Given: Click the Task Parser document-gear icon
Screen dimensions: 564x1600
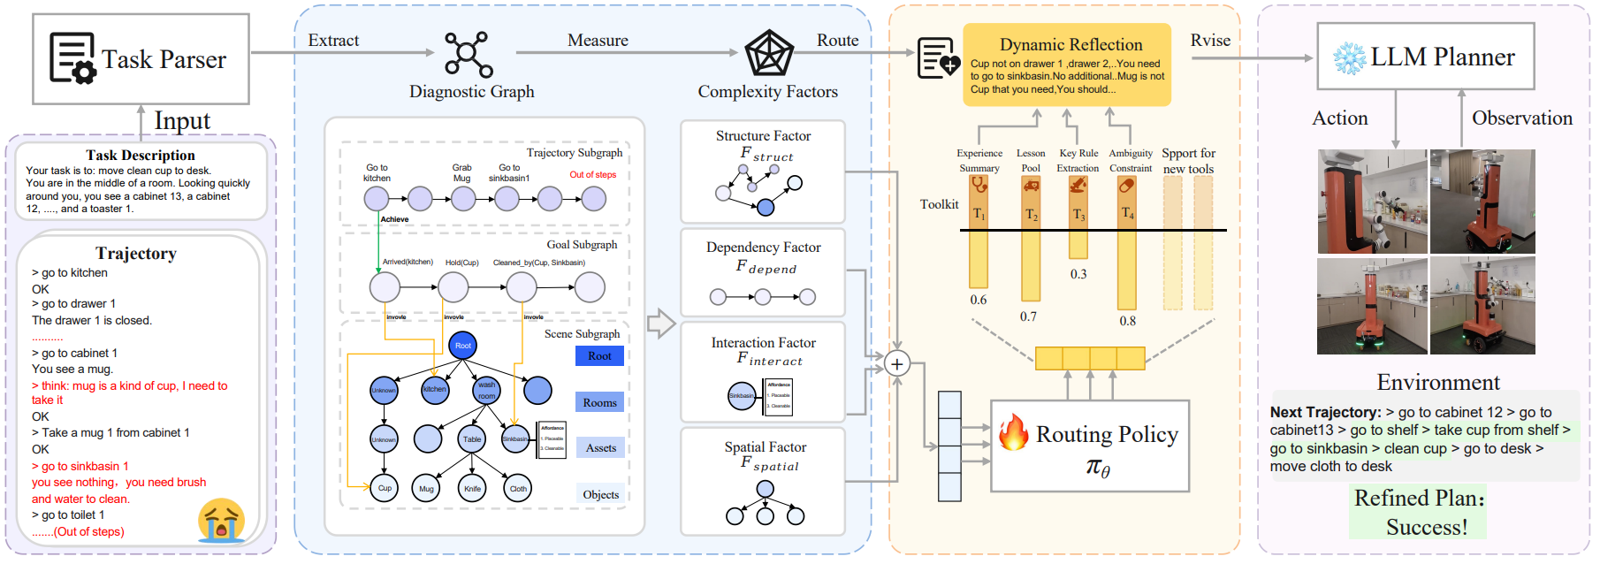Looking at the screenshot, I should [x=72, y=58].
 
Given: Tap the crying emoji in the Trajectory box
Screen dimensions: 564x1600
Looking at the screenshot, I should [x=221, y=520].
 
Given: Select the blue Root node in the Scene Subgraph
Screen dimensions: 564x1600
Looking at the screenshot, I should [x=463, y=346].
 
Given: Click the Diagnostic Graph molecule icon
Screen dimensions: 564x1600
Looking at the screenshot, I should [x=469, y=55].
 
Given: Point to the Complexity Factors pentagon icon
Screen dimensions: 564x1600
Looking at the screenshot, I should [x=768, y=54].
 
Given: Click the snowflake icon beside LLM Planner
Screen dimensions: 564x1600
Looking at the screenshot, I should [x=1350, y=58].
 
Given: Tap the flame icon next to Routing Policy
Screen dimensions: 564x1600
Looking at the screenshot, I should [x=1013, y=432].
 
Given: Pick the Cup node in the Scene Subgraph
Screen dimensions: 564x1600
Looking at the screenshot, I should [x=385, y=488].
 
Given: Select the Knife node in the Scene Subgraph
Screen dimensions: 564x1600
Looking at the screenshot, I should [x=473, y=488].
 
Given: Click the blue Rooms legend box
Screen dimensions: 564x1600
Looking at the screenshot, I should [x=599, y=402].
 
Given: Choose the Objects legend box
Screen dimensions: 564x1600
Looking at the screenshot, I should [x=600, y=494].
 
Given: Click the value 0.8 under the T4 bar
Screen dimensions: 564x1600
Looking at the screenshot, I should [x=1127, y=321].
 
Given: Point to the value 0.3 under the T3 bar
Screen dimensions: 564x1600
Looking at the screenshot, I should [x=1078, y=274].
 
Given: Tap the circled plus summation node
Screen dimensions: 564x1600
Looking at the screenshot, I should [x=897, y=364].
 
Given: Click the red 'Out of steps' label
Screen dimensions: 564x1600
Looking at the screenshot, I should [x=592, y=175].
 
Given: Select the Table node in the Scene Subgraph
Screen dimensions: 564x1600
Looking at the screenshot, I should [x=472, y=438].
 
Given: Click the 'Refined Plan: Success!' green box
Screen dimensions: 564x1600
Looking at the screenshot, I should [x=1418, y=512].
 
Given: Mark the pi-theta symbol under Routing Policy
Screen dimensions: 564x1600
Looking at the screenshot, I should [x=1097, y=467].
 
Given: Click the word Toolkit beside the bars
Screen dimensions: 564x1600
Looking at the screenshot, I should [x=939, y=204].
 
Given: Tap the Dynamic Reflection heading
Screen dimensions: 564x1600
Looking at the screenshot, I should [x=1070, y=44].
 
